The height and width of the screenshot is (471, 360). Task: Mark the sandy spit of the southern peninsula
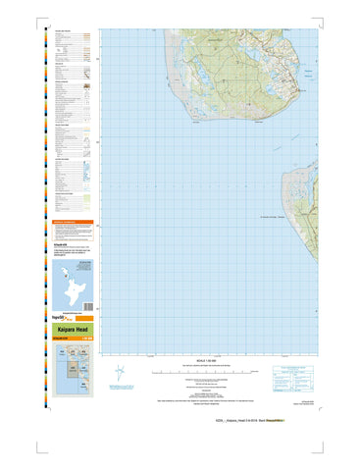(288, 191)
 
